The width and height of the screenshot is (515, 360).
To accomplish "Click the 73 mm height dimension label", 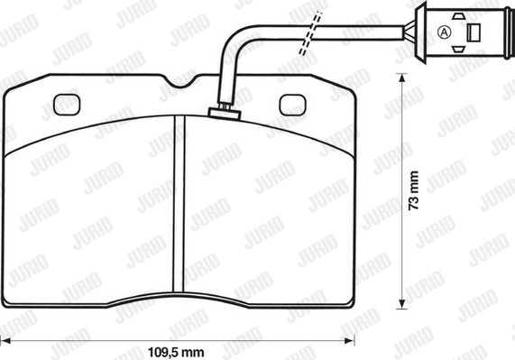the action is tap(414, 190).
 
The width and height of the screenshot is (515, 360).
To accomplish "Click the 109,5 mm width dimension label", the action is tap(176, 353).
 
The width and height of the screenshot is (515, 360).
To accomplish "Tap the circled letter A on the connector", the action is tap(445, 32).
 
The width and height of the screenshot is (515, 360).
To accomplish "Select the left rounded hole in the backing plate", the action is tap(67, 105).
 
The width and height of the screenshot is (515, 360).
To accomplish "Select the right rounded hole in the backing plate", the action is tap(292, 105).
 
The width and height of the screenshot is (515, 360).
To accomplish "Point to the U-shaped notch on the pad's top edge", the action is tap(180, 81).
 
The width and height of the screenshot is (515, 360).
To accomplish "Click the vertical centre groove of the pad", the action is tap(179, 204).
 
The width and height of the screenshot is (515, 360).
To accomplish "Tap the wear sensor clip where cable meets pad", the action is tap(225, 113).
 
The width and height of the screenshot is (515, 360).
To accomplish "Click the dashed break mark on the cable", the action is tap(310, 33).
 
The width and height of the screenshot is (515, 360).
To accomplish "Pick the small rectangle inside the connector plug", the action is tap(474, 32).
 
